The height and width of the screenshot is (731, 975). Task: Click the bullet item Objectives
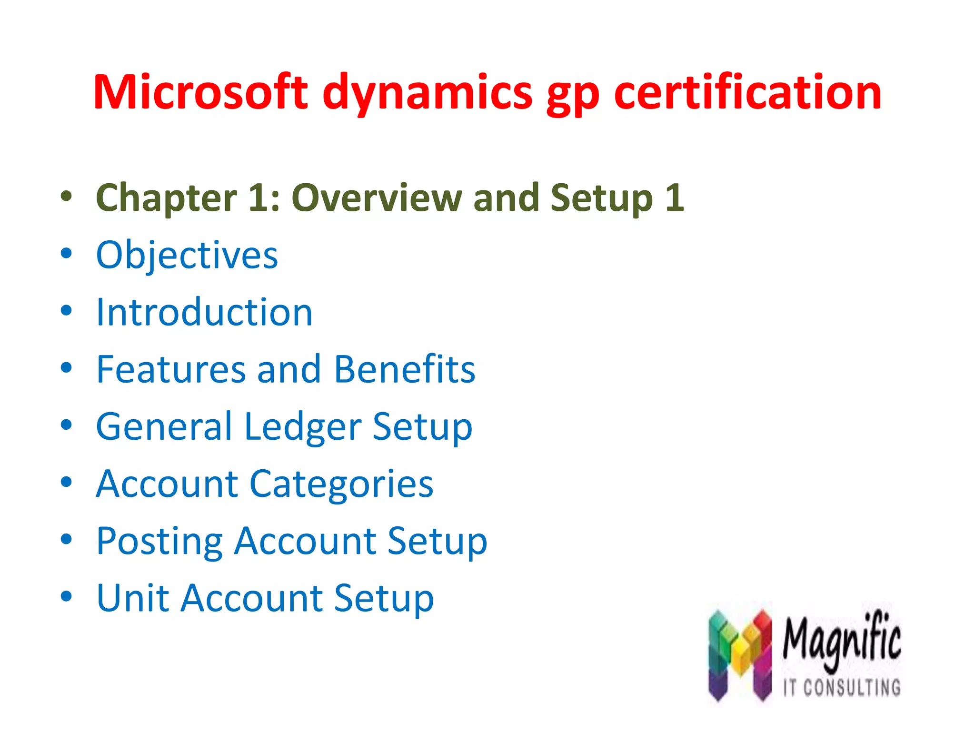point(187,256)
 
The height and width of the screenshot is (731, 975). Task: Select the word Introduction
point(204,312)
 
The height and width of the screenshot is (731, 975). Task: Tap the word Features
point(171,369)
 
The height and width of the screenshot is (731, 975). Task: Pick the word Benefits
point(404,369)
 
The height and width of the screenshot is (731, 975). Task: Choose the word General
point(164,427)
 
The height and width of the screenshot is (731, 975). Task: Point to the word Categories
point(341,484)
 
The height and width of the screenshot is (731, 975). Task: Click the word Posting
point(159,542)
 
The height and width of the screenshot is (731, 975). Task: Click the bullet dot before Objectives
point(66,254)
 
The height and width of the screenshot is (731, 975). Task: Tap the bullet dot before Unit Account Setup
point(66,596)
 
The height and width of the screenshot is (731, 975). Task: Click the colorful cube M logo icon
point(739,654)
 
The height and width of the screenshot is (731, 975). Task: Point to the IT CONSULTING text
point(842,687)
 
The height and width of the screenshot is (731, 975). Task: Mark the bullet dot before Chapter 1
point(66,196)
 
